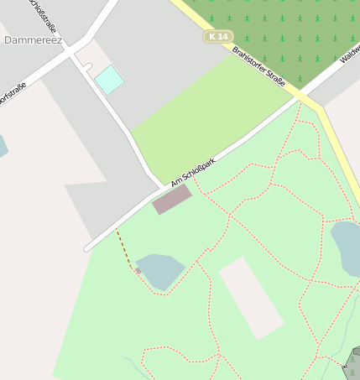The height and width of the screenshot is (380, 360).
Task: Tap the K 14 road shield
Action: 218,36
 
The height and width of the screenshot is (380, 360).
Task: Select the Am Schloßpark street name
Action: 193,171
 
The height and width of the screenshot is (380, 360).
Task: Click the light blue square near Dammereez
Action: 109,80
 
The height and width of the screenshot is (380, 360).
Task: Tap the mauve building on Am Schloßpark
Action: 172,200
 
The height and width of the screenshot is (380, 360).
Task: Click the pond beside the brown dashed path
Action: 160,270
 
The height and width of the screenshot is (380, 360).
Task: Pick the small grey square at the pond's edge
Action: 138,271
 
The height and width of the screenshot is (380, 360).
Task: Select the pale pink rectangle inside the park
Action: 252,298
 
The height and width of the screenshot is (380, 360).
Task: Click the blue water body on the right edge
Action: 347,247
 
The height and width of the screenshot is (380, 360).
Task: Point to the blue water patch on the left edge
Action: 3,146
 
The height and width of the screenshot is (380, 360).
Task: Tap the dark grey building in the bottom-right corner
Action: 354,362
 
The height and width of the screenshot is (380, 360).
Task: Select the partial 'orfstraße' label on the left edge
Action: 12,94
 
